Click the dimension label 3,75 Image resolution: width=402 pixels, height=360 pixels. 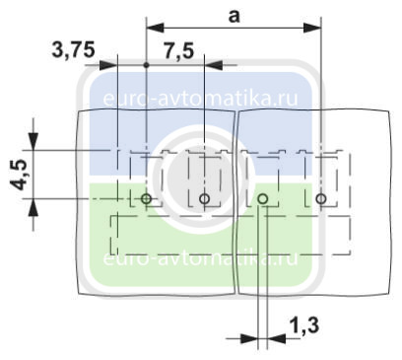click(74, 50)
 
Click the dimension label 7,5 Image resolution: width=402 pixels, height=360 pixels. click(179, 51)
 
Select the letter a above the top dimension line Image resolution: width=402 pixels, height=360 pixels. click(234, 17)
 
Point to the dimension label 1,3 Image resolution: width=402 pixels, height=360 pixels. click(304, 325)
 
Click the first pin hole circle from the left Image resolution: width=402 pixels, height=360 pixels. click(147, 198)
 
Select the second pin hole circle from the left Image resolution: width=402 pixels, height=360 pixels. click(205, 198)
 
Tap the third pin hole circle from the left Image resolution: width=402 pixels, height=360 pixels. click(263, 198)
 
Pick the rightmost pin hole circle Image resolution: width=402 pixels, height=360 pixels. click(321, 198)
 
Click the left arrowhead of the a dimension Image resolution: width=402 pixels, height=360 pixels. click(155, 28)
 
